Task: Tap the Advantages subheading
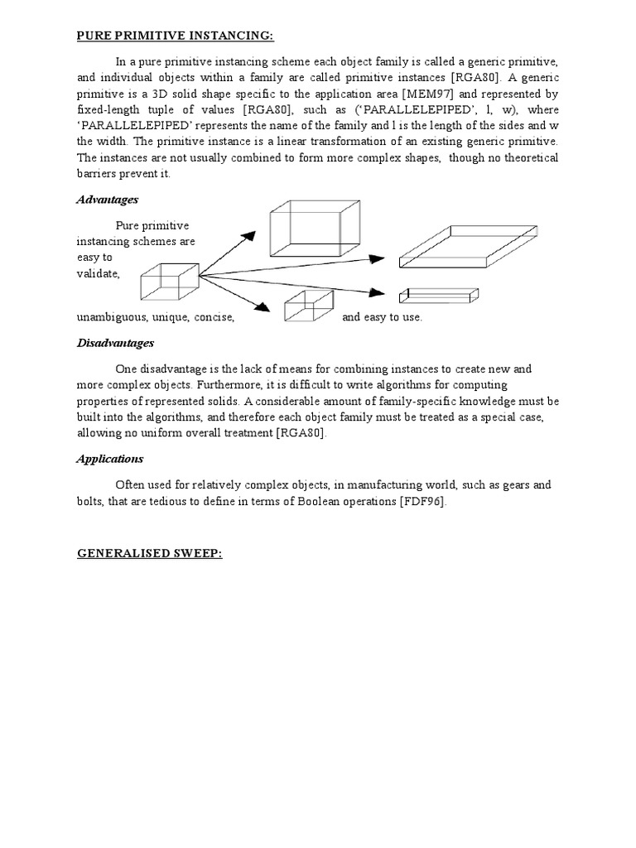coord(107,200)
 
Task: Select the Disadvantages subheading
coord(115,342)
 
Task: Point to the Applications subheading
coord(110,458)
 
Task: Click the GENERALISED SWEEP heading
coord(149,552)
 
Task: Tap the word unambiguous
coord(111,317)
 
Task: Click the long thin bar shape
coord(439,295)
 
